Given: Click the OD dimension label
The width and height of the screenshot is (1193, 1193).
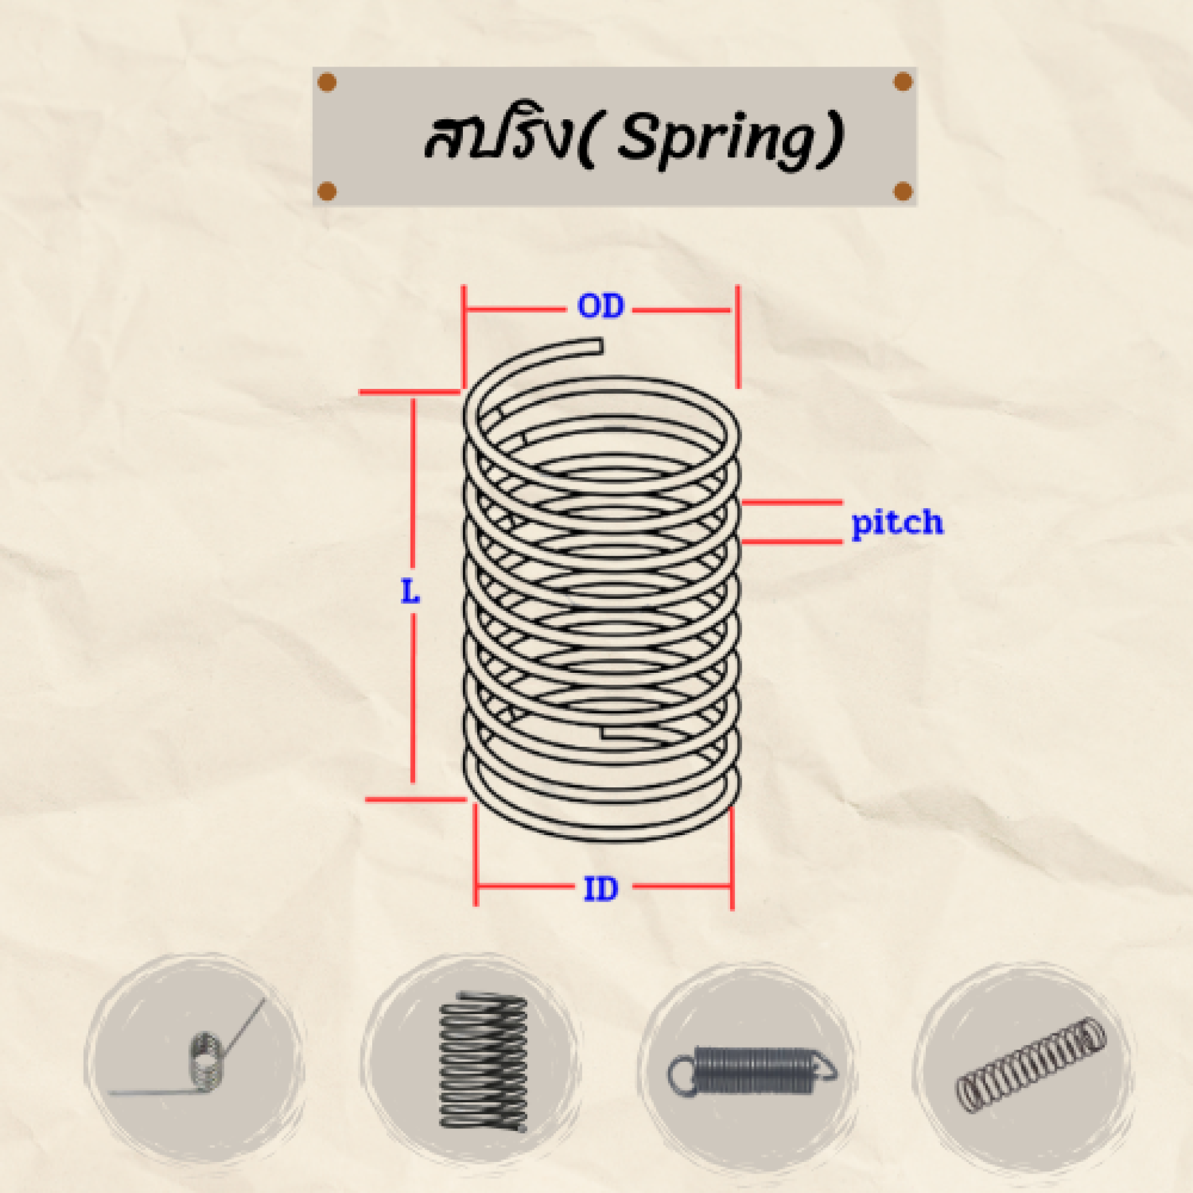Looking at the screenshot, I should (600, 306).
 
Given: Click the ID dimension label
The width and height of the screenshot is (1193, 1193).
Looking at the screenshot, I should (601, 889).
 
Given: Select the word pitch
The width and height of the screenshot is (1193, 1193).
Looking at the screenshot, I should (897, 523).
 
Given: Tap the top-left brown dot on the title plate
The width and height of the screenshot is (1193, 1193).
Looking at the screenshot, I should (327, 82).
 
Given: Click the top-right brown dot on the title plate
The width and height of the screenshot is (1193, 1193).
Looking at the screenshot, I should (903, 81).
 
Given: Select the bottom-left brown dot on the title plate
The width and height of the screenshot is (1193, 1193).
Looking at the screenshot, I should (327, 191).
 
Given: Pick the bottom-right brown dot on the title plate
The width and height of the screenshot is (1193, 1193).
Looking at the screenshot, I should (903, 191).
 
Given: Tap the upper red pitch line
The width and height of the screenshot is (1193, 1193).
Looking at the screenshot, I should (792, 502).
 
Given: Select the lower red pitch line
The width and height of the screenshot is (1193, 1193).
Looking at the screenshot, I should (792, 542).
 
